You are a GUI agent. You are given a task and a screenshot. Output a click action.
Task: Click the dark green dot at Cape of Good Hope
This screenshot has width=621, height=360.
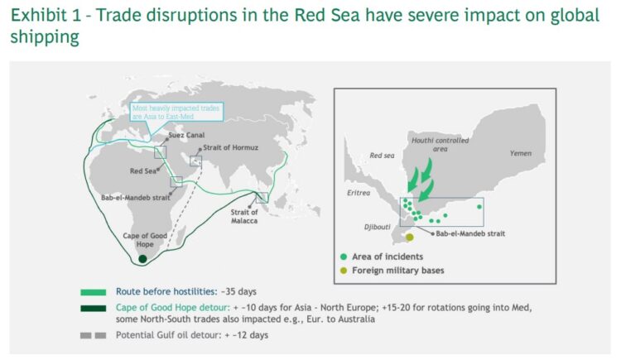point(142,259)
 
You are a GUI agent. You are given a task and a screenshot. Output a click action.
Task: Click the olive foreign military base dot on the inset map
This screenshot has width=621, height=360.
point(410,238)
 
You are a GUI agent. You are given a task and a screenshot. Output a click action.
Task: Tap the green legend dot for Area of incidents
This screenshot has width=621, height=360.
point(343,257)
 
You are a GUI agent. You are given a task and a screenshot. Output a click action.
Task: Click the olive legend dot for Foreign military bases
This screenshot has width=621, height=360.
point(343,271)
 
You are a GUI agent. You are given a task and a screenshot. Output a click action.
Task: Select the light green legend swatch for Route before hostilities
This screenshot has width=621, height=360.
point(92,292)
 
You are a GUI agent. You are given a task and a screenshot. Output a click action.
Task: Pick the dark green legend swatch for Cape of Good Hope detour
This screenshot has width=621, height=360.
point(92,308)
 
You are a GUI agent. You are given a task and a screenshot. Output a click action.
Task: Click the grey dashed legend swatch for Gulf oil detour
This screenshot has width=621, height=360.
point(92,334)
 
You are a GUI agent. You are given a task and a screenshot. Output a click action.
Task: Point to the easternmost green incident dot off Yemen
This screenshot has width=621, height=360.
point(479,206)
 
